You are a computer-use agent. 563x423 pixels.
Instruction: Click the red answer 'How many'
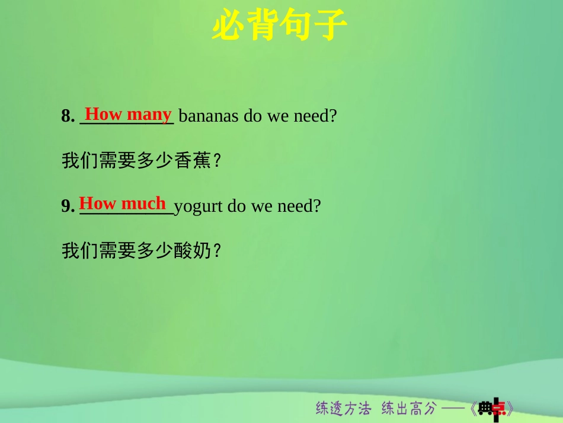click(x=128, y=113)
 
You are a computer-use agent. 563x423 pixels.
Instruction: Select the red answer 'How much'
click(x=122, y=203)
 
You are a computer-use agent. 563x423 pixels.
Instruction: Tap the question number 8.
click(x=67, y=116)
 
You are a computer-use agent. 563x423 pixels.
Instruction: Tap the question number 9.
click(x=67, y=206)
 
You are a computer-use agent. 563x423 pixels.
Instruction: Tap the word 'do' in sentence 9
click(x=236, y=206)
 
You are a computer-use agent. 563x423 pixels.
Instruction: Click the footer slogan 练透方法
click(x=343, y=408)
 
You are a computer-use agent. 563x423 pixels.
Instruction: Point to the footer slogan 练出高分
click(x=408, y=408)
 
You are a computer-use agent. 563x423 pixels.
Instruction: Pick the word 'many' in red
click(x=149, y=113)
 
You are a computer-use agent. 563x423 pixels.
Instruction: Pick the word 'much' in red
click(x=143, y=203)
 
